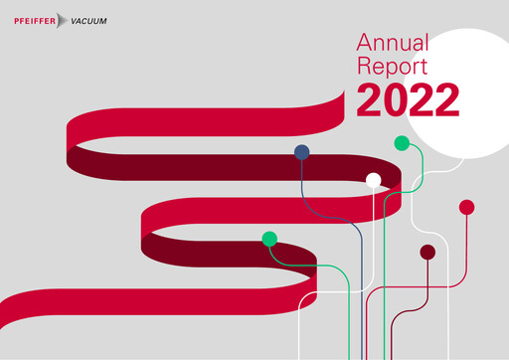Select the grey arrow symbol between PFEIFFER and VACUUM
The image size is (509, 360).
(64, 20)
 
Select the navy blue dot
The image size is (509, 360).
(301, 152)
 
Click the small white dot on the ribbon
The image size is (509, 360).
(374, 180)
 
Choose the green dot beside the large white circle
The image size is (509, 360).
(402, 143)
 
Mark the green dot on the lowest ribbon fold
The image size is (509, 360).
(268, 239)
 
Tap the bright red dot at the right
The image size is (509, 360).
(466, 207)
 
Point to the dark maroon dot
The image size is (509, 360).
(427, 252)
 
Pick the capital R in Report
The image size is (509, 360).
(365, 68)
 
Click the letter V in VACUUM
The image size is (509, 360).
(76, 20)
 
